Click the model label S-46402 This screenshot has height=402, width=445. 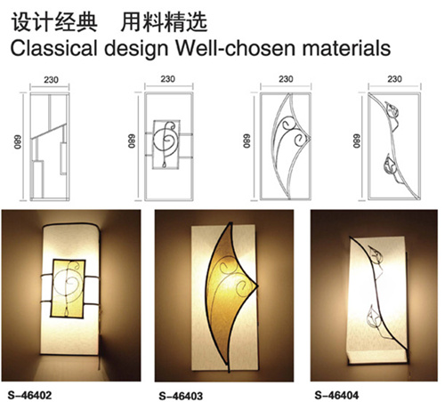coord(29,395)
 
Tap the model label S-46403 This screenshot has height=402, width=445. coord(181,396)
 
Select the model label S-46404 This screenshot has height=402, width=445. coord(336,395)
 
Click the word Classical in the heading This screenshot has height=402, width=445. coord(54,48)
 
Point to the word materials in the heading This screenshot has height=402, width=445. coord(346,48)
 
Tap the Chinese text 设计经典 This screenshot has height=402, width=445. coord(54,22)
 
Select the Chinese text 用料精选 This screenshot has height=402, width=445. coord(164,22)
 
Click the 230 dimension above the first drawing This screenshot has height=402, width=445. coord(51,80)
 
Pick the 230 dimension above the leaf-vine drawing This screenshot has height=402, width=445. coord(394,79)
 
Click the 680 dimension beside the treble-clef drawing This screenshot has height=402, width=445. coord(132,141)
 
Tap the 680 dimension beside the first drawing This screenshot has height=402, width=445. coord(18,142)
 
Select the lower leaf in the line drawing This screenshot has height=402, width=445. coord(391,167)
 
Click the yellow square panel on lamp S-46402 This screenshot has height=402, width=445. coord(69,288)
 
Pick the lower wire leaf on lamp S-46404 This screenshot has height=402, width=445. coord(374,318)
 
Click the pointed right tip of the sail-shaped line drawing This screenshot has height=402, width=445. coord(311,138)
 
